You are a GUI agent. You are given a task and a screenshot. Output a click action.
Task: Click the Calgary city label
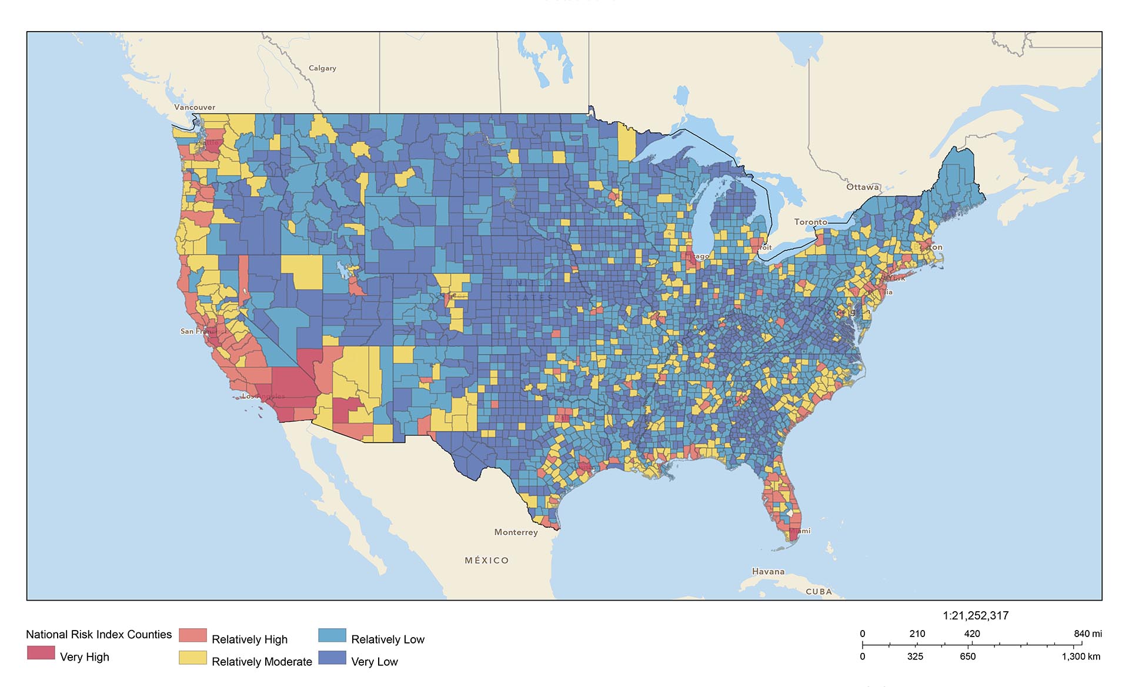(x=322, y=68)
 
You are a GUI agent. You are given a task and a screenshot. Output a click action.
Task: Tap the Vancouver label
(x=195, y=107)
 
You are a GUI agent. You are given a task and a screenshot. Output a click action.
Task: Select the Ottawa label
(x=863, y=187)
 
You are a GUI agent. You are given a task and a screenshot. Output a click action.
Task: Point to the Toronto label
(x=811, y=222)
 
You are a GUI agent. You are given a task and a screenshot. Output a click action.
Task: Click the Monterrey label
(x=516, y=532)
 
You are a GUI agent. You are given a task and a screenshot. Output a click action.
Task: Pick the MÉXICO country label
(x=487, y=560)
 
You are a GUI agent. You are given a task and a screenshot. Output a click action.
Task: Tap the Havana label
(x=768, y=571)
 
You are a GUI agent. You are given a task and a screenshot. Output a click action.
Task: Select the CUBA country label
(x=819, y=591)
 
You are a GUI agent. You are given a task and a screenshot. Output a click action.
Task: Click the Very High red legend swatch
(x=41, y=653)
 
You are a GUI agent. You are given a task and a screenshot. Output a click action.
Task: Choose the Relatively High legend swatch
(x=192, y=635)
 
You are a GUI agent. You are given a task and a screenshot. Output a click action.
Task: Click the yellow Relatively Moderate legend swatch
(x=192, y=658)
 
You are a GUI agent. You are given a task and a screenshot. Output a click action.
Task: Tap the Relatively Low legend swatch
(x=332, y=635)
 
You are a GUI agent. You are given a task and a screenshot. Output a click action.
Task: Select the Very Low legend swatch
(x=332, y=658)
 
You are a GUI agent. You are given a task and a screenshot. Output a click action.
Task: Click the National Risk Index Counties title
(x=99, y=634)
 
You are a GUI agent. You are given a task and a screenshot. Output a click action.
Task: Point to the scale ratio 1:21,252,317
(x=976, y=615)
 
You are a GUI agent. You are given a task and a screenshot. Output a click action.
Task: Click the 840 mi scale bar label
(x=1087, y=634)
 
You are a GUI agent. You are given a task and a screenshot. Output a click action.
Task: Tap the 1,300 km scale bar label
(x=1080, y=656)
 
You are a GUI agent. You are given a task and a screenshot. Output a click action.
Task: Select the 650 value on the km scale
(x=967, y=656)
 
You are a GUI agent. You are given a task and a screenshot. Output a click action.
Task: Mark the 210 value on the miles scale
(x=917, y=634)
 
